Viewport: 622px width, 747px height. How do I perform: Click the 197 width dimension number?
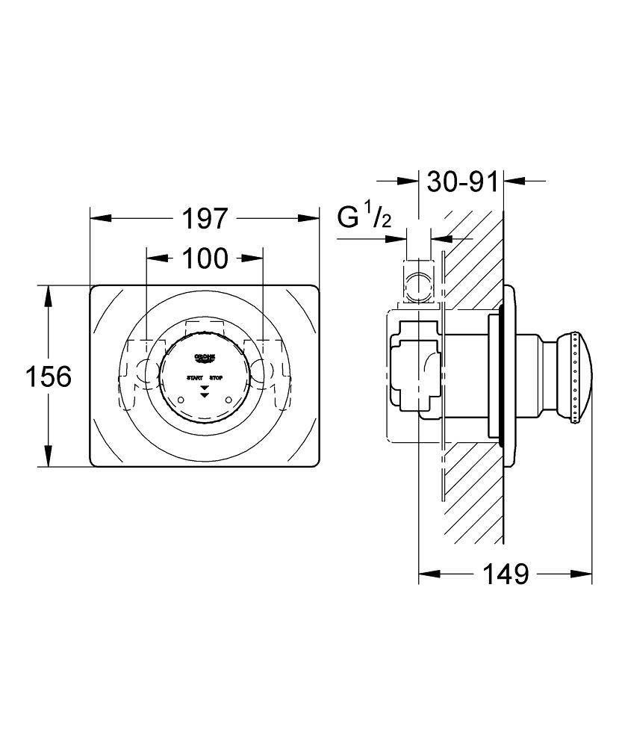pyautogui.click(x=205, y=219)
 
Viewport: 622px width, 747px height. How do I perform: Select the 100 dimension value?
pyautogui.click(x=205, y=258)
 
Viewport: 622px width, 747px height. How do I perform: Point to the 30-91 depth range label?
pyautogui.click(x=460, y=182)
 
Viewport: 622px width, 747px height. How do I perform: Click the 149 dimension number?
pyautogui.click(x=506, y=574)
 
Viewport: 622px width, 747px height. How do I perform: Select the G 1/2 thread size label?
pyautogui.click(x=364, y=217)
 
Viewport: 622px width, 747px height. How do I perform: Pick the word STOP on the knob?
pyautogui.click(x=216, y=379)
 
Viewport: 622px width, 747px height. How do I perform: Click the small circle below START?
pyautogui.click(x=181, y=402)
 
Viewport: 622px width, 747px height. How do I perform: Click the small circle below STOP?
pyautogui.click(x=228, y=402)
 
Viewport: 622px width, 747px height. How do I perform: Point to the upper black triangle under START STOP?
pyautogui.click(x=205, y=387)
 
